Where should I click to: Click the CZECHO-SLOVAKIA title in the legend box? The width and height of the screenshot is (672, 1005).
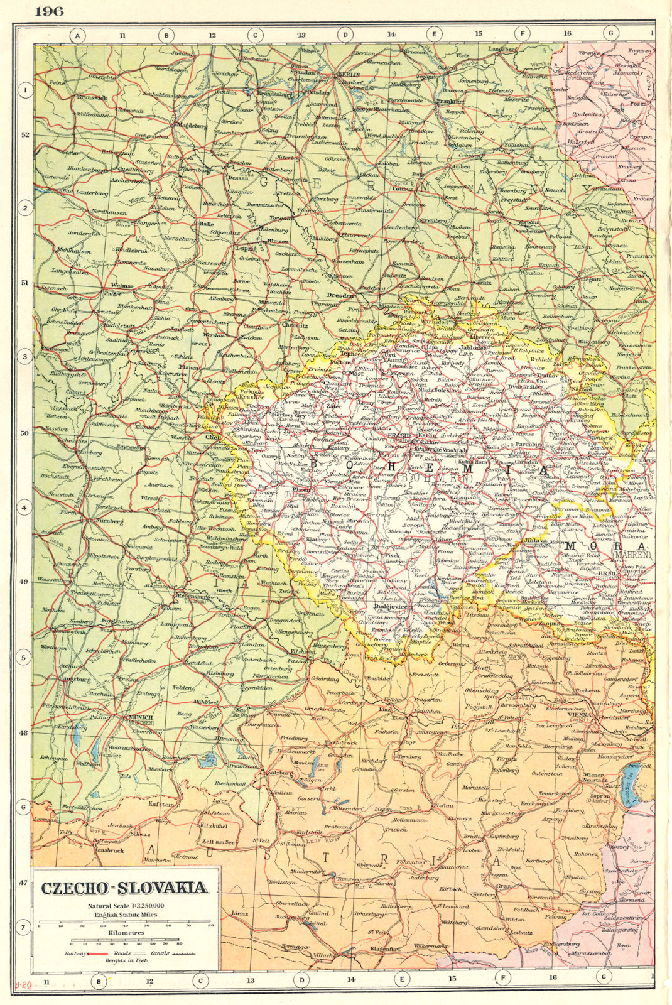[124, 888]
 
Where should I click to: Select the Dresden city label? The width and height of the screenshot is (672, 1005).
[340, 295]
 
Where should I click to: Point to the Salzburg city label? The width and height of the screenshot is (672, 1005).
[281, 772]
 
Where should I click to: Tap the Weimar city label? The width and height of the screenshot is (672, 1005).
[122, 285]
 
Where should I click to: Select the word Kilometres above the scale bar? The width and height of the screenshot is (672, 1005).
[126, 933]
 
